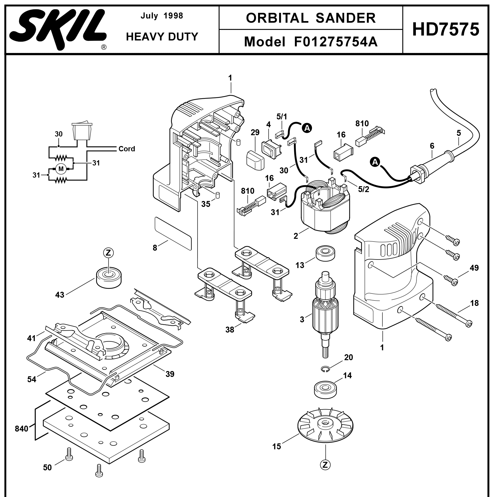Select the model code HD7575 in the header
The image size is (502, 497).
(x=446, y=30)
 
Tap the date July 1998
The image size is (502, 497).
(x=162, y=16)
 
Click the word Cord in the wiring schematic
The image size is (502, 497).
(x=127, y=149)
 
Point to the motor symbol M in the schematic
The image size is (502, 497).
(x=61, y=169)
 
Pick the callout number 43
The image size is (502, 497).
(x=60, y=295)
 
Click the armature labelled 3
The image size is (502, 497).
(x=325, y=309)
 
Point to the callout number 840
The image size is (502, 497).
(x=22, y=429)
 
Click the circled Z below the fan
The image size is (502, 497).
(x=325, y=465)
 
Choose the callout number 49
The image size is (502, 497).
(x=474, y=268)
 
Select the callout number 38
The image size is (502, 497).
(x=229, y=329)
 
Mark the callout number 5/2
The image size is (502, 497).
(x=363, y=189)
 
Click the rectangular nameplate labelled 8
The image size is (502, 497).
(x=173, y=233)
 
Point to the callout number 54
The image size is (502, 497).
(x=32, y=379)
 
